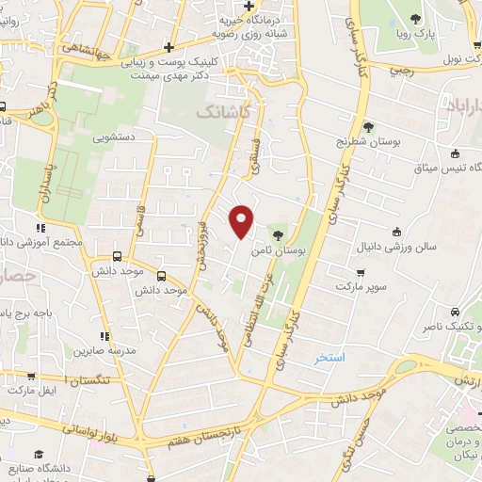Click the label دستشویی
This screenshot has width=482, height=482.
click(x=114, y=137)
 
